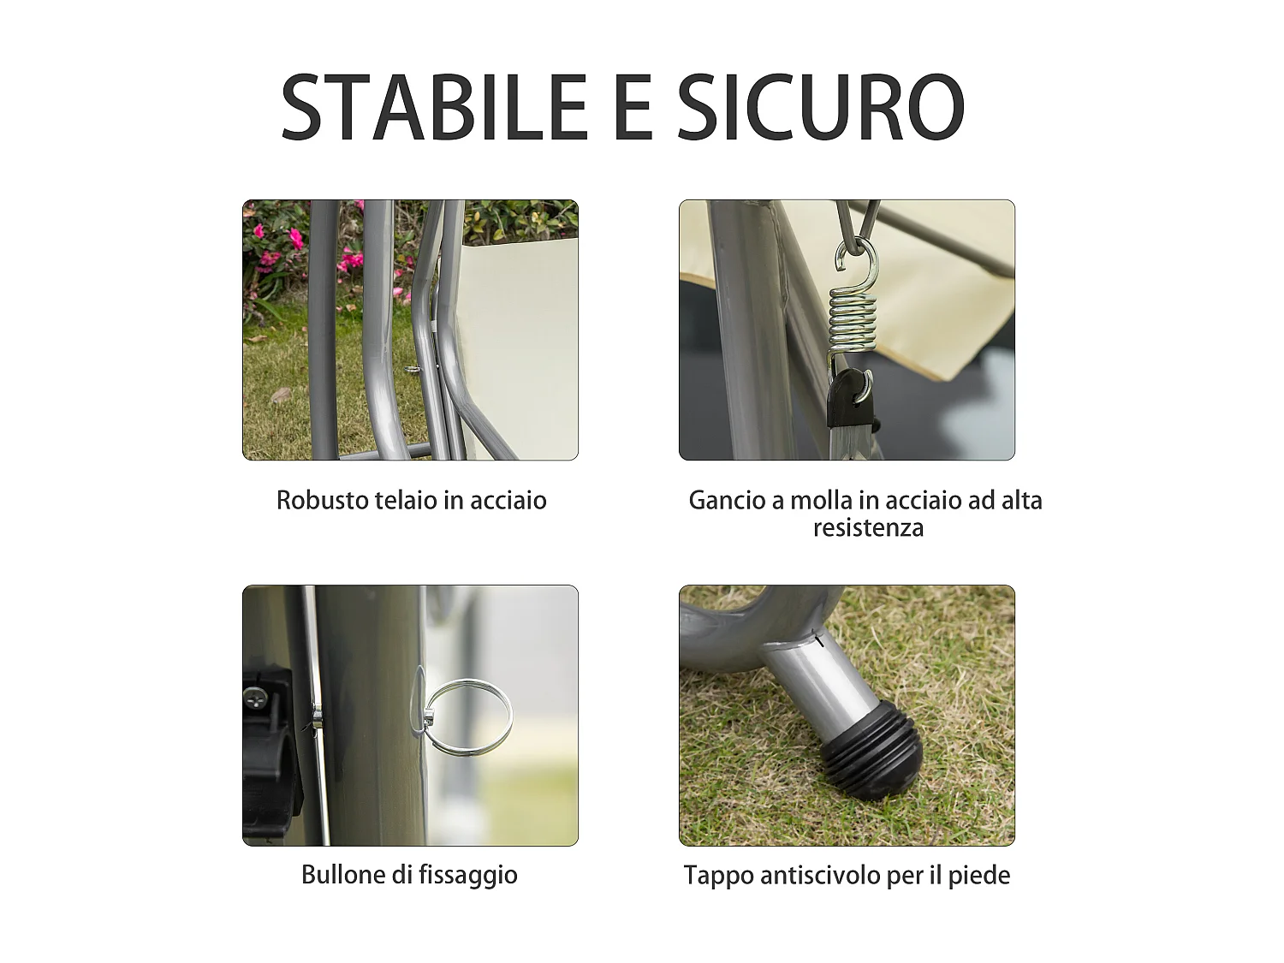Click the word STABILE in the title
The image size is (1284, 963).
click(x=433, y=107)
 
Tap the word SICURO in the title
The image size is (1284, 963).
click(x=820, y=107)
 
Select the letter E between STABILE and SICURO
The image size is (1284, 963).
click(x=633, y=107)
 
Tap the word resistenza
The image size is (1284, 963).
click(x=868, y=527)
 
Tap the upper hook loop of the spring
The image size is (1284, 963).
click(x=859, y=260)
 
